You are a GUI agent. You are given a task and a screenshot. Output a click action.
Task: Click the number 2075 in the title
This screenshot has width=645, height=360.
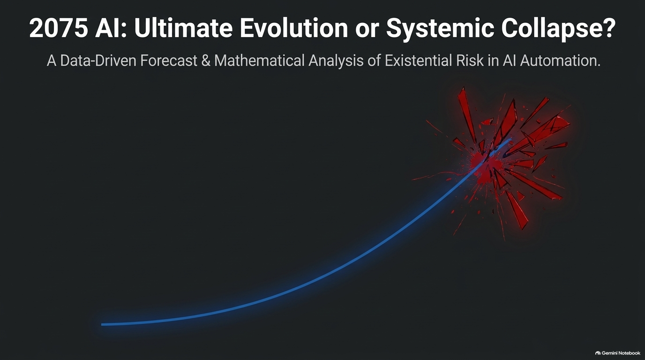coord(59,28)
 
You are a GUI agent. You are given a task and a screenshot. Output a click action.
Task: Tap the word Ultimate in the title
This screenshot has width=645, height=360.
coord(183,28)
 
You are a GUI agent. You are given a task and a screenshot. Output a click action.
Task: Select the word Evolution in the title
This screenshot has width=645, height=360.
coord(294,28)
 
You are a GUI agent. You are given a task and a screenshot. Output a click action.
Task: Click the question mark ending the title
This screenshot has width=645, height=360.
coord(608,28)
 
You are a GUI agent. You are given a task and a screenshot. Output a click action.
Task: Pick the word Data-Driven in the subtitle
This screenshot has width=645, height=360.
coord(98,60)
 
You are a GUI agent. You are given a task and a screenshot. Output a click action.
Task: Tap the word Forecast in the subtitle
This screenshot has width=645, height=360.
coord(169,60)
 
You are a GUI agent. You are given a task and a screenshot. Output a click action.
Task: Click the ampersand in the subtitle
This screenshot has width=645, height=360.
coord(206,60)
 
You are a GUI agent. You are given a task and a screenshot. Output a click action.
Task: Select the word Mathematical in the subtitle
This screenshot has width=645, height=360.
coord(259,60)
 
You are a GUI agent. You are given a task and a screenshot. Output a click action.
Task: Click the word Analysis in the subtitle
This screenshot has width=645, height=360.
coord(336,61)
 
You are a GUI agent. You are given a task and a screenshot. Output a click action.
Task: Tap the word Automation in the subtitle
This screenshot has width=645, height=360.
coord(560,60)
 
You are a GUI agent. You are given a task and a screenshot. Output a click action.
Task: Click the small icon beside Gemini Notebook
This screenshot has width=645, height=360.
coord(598,353)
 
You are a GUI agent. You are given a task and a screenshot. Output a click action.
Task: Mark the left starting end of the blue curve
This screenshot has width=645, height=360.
coord(102,324)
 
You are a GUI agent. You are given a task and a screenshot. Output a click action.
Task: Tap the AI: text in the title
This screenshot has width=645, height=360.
coord(111,28)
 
